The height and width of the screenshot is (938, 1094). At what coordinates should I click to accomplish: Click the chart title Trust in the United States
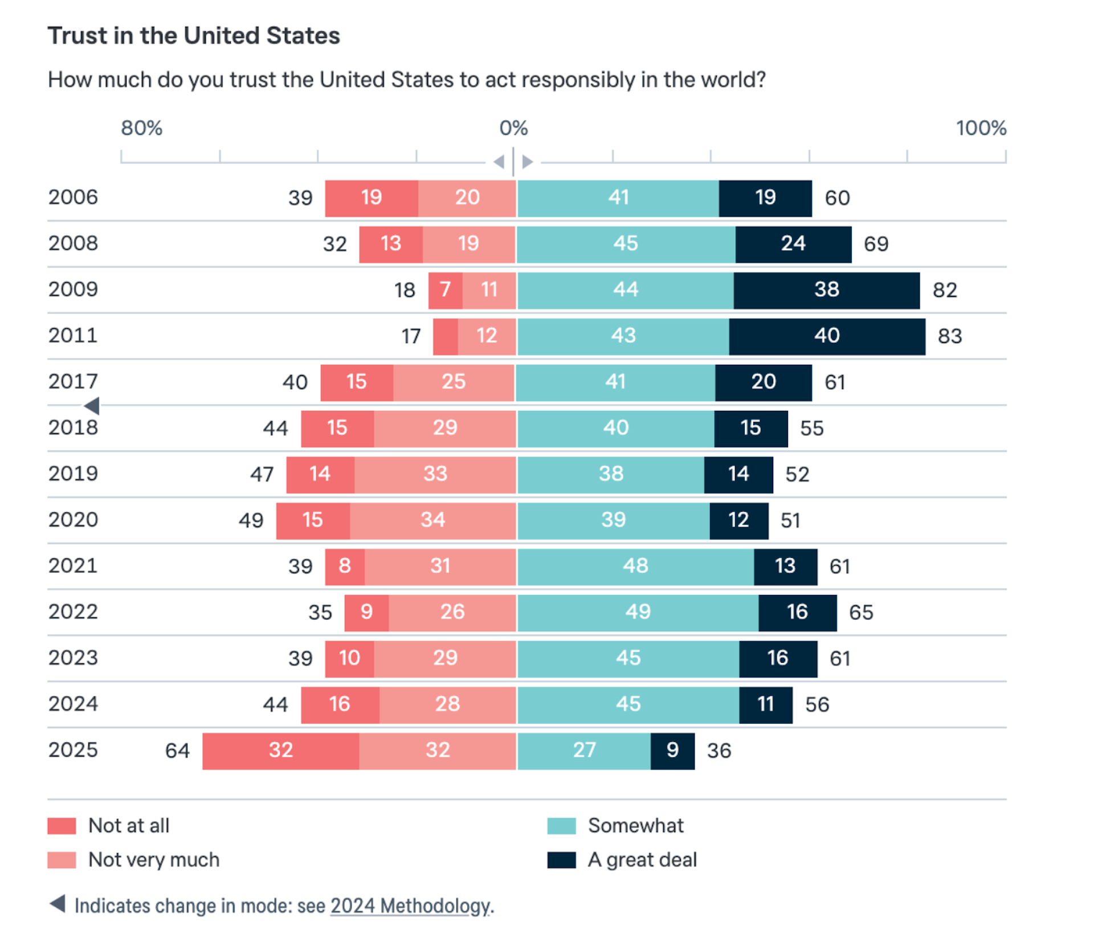[x=194, y=36]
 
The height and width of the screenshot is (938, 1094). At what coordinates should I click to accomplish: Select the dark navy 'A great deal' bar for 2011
[x=826, y=336]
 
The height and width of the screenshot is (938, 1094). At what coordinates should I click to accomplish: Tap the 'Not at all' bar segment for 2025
[x=280, y=751]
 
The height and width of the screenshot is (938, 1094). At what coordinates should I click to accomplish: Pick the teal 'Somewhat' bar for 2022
[x=638, y=613]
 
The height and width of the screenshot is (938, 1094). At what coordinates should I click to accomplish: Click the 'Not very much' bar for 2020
[x=432, y=520]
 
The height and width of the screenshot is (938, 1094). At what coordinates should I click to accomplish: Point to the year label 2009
[x=73, y=289]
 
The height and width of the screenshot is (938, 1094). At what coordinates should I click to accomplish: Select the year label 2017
[x=73, y=382]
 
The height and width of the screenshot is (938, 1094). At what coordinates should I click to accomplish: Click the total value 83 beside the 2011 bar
[x=950, y=336]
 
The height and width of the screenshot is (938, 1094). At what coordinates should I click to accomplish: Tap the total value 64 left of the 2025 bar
[x=177, y=751]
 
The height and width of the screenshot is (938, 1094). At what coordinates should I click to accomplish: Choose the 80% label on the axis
[x=141, y=128]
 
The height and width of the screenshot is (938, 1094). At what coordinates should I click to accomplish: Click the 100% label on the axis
[x=981, y=128]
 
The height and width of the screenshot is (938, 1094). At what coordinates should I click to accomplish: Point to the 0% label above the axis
[x=513, y=128]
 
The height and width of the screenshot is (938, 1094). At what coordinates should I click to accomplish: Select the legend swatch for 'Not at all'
[x=62, y=826]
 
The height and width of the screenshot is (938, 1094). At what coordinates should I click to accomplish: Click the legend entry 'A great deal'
[x=642, y=860]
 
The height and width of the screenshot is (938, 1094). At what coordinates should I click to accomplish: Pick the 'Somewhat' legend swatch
[x=561, y=826]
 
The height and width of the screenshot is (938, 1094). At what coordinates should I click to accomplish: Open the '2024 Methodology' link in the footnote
[x=410, y=906]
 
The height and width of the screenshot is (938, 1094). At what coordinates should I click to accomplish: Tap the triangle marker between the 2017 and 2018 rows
[x=92, y=406]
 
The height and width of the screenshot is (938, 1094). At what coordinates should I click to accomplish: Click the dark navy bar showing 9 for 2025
[x=672, y=751]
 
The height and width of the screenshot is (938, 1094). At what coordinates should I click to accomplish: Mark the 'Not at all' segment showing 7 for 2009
[x=445, y=290]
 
